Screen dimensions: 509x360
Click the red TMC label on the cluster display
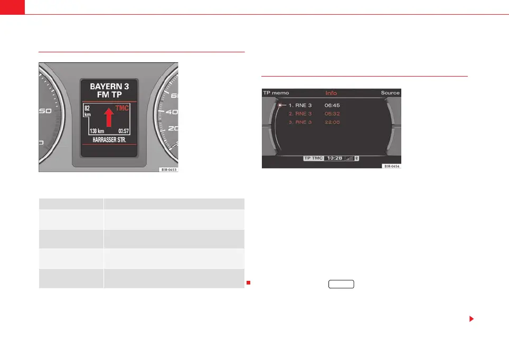[121, 108]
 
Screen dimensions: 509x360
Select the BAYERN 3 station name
[109, 86]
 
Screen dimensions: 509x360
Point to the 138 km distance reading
[97, 130]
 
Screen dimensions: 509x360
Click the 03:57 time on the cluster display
[124, 130]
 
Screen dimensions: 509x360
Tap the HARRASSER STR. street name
[109, 141]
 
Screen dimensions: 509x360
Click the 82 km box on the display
[88, 110]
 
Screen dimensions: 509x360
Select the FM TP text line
[109, 94]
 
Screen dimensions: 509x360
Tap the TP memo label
[276, 93]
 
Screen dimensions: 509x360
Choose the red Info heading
[331, 93]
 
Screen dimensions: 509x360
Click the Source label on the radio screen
[390, 93]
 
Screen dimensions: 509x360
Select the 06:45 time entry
[333, 105]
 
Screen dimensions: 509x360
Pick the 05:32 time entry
[333, 113]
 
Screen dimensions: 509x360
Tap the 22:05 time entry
[333, 122]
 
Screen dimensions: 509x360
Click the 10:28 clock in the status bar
[334, 158]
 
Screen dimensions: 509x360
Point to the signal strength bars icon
[349, 158]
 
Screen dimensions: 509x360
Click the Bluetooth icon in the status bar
[357, 158]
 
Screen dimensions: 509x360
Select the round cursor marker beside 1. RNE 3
[280, 105]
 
